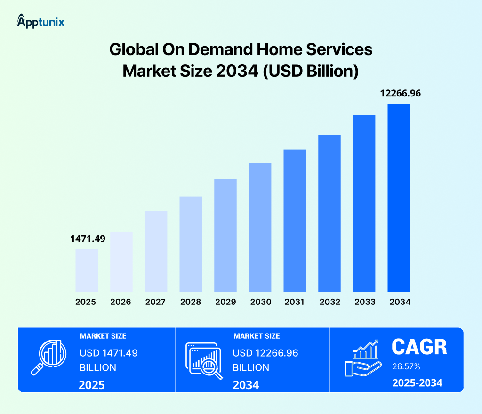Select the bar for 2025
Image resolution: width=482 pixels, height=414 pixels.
[87, 270]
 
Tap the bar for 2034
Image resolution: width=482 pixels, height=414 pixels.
[399, 198]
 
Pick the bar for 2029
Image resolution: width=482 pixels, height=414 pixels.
[225, 235]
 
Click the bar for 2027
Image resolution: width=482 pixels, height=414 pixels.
[156, 251]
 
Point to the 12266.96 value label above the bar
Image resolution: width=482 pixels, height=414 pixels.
[400, 93]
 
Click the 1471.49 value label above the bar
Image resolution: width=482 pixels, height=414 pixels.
[88, 239]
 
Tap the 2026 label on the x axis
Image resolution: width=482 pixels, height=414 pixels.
[121, 302]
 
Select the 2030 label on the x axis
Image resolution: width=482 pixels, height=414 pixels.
[260, 302]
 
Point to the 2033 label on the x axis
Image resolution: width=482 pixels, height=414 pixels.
[364, 302]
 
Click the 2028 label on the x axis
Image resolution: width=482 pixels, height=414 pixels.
[190, 302]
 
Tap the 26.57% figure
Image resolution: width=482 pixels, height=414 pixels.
[406, 366]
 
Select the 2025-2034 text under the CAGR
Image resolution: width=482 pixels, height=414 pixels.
[417, 383]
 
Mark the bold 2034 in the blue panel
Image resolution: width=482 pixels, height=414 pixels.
[246, 385]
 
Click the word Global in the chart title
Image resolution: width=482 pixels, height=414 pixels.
[132, 50]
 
